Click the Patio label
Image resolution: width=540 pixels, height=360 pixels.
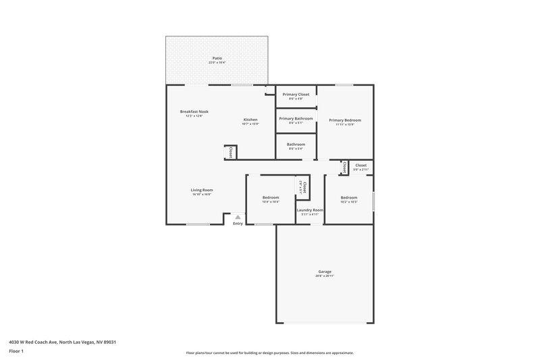click(x=217, y=59)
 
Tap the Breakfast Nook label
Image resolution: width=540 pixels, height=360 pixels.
click(x=194, y=111)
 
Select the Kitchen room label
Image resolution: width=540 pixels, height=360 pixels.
click(x=250, y=119)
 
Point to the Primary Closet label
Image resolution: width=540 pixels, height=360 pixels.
click(x=296, y=95)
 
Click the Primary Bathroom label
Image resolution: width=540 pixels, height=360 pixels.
click(x=296, y=118)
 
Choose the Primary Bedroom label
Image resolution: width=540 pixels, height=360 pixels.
click(x=345, y=120)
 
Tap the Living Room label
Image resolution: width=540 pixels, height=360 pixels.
click(x=202, y=190)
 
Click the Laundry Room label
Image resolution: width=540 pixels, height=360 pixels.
click(x=310, y=210)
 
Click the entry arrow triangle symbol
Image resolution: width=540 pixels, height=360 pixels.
click(x=238, y=217)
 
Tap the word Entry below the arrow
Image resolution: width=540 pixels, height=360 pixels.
click(x=238, y=224)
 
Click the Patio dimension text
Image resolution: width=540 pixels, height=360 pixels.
click(x=217, y=63)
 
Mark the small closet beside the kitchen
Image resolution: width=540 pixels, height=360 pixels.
click(x=230, y=153)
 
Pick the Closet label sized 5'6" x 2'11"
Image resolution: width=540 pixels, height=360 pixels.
click(x=360, y=165)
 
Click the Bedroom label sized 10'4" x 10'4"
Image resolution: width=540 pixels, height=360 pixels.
click(x=271, y=197)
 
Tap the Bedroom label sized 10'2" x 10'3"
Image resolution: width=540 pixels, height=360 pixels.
click(x=349, y=197)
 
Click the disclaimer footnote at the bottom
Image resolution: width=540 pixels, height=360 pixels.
click(x=269, y=353)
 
